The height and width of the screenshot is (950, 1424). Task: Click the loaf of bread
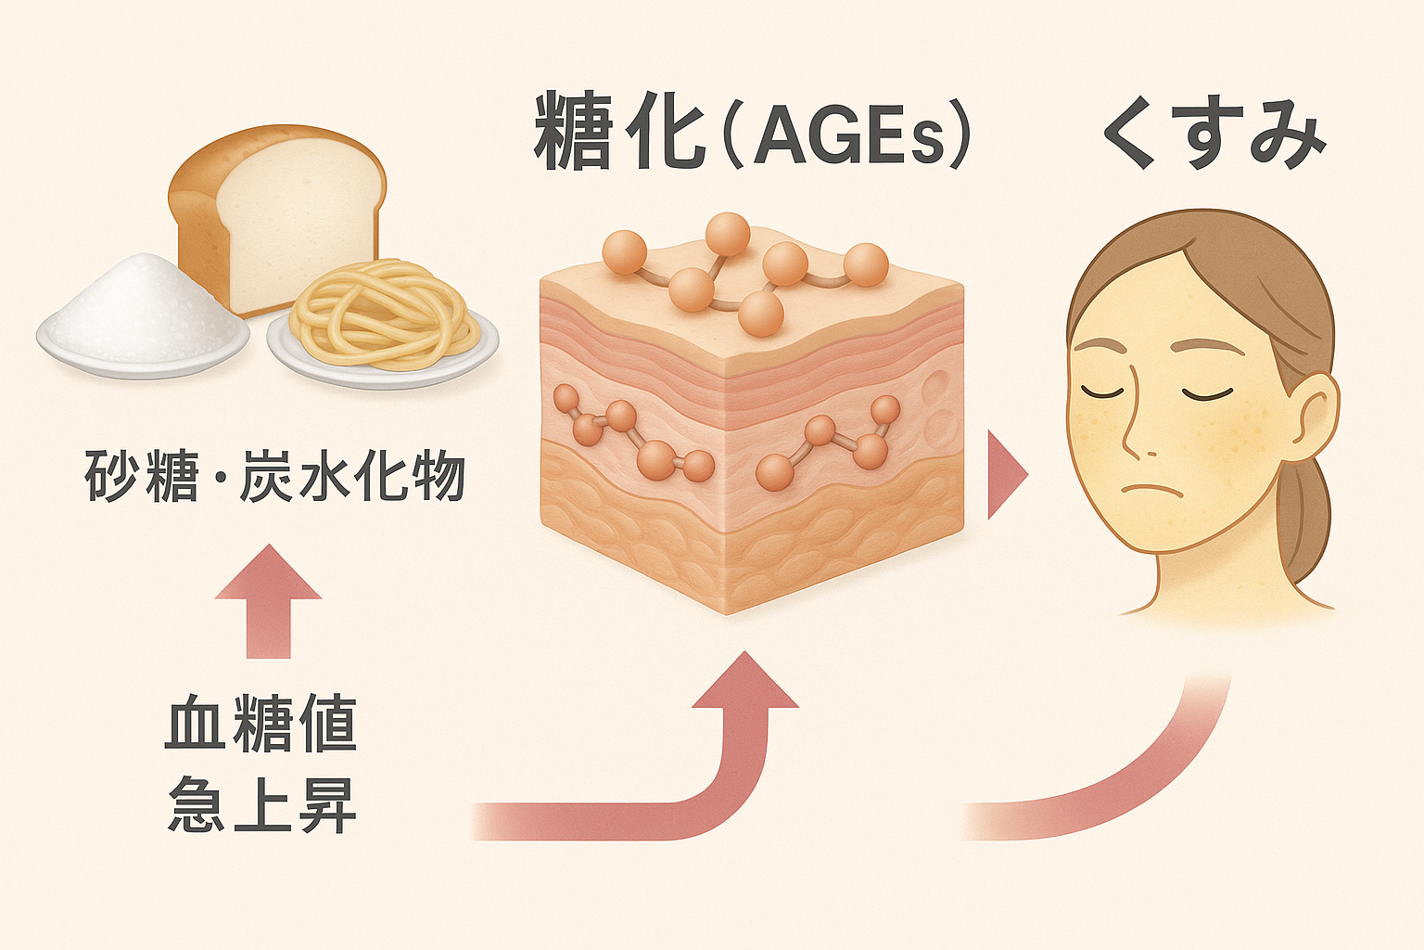278,218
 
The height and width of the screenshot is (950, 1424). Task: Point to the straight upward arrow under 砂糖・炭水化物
269,598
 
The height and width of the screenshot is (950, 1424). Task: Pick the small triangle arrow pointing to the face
1006,474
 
